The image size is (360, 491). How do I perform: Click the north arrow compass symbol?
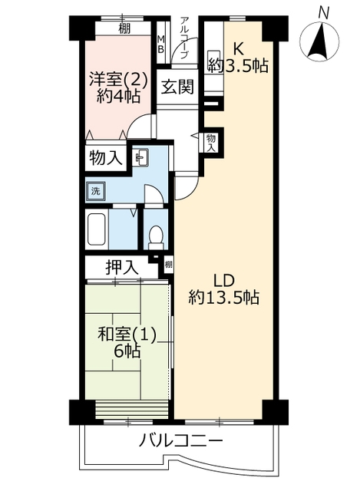[319, 41]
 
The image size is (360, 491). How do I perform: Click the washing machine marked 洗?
[95, 190]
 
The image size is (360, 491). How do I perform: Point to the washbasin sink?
[141, 157]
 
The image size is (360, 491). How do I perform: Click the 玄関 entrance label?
[177, 87]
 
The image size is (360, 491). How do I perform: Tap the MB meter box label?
[160, 44]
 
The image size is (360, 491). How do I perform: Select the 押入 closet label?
[121, 268]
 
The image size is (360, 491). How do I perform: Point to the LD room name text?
[223, 280]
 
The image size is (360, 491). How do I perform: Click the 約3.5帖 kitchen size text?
[238, 66]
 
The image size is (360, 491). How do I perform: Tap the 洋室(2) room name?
[118, 79]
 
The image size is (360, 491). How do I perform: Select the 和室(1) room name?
[127, 335]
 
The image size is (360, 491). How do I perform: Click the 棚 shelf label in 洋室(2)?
[124, 29]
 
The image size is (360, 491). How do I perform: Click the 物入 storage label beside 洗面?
[106, 157]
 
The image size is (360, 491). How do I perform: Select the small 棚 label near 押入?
[168, 264]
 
